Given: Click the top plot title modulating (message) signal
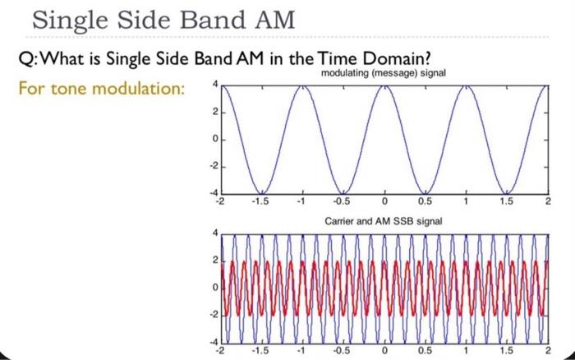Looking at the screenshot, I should [x=383, y=75].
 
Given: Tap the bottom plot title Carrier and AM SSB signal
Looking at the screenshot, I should [x=384, y=220].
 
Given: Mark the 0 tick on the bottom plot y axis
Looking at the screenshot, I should [x=214, y=287].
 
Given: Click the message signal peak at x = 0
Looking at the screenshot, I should [x=384, y=85].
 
